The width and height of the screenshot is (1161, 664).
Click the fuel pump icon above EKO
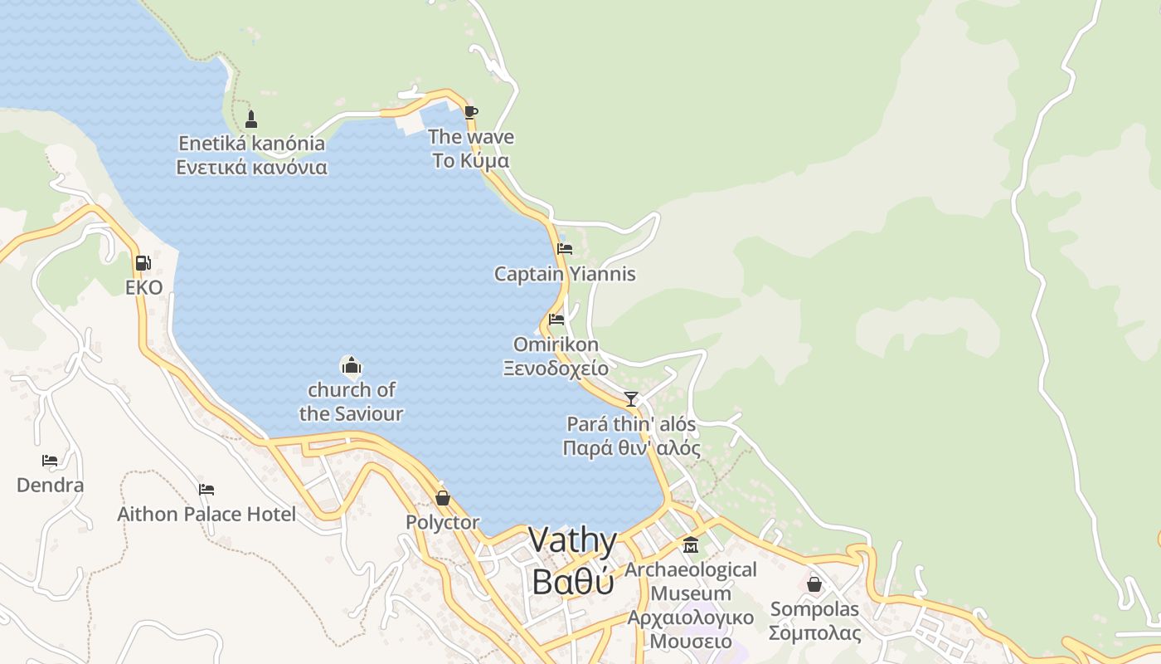[143, 263]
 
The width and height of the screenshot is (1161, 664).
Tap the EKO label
[144, 288]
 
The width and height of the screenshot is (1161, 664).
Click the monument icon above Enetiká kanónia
[251, 119]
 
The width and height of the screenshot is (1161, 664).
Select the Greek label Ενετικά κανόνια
[251, 168]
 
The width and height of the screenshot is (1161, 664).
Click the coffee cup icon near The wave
[471, 112]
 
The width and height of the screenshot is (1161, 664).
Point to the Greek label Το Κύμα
[470, 161]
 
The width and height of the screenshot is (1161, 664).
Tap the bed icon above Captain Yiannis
[565, 248]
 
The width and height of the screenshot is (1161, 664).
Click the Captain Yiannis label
[565, 274]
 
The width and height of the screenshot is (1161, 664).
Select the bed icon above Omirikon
[556, 319]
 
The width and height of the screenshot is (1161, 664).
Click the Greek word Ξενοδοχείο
[556, 369]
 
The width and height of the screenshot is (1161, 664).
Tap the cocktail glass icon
[631, 399]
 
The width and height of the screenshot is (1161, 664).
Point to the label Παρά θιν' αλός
[631, 449]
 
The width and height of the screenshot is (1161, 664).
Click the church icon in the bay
[351, 365]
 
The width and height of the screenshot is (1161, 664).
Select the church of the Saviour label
[351, 402]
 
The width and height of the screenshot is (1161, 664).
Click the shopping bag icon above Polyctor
[443, 498]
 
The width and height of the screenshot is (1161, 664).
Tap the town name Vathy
[573, 541]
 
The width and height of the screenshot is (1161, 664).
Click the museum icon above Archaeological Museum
[691, 545]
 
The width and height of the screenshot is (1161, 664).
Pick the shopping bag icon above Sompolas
[814, 584]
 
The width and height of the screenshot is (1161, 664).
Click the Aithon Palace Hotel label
[206, 515]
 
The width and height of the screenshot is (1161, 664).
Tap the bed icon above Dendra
[50, 460]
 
